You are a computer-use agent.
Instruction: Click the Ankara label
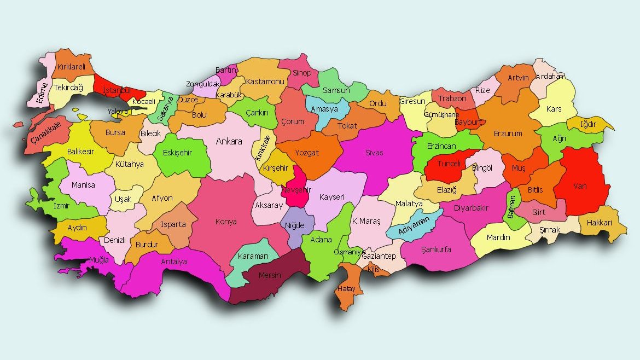[x=229, y=142]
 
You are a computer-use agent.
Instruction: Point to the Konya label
[x=226, y=222]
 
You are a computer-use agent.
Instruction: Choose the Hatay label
[x=347, y=288]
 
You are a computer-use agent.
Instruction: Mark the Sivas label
[x=374, y=153]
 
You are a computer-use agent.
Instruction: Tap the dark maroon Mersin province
[x=270, y=276]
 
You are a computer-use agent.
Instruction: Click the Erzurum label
[x=508, y=133]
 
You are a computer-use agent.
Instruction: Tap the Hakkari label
[x=599, y=223]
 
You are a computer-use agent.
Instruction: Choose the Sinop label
[x=301, y=73]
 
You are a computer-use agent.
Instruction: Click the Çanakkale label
[x=46, y=133]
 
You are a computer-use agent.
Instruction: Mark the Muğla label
[x=99, y=260]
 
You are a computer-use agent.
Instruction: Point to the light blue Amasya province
[x=325, y=109]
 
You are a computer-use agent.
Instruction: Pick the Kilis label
[x=374, y=270]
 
